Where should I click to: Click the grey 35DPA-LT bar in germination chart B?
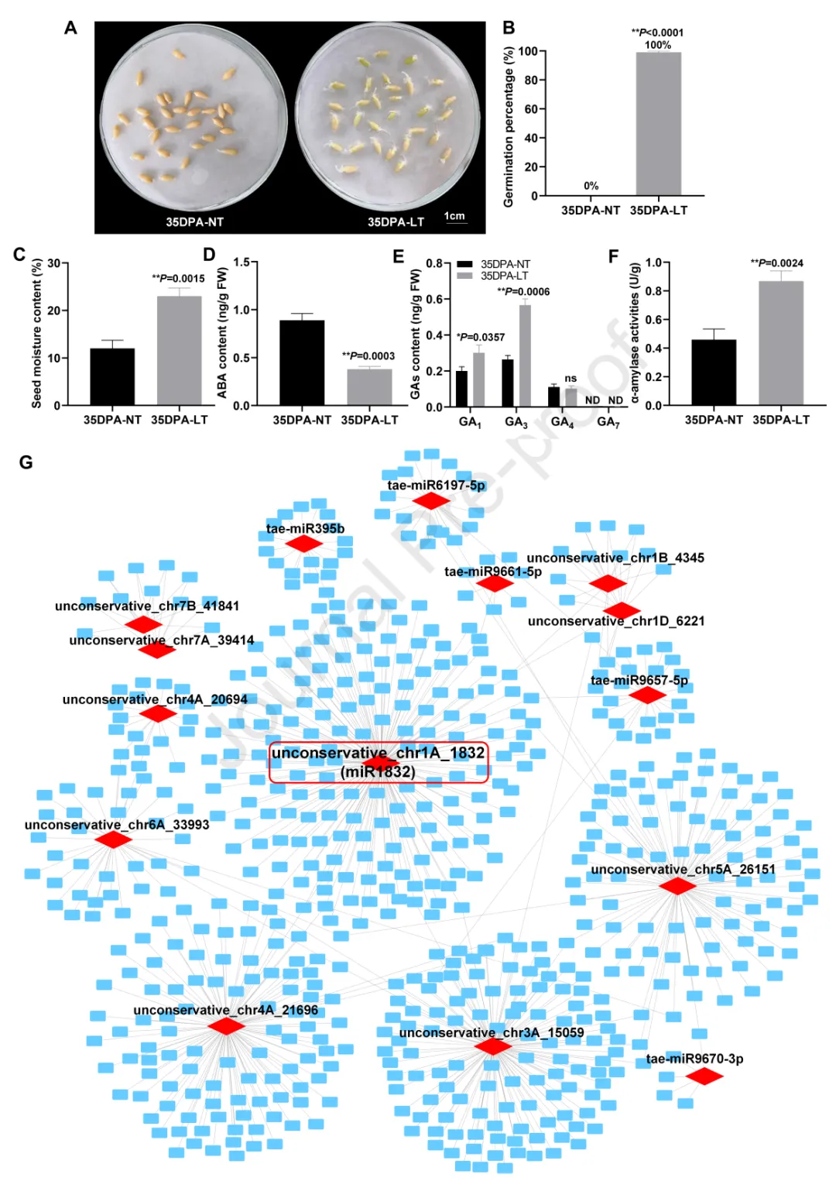(658, 124)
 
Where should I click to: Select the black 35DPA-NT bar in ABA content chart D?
(302, 362)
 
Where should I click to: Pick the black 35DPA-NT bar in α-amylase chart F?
(714, 373)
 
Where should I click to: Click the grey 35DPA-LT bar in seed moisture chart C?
(179, 350)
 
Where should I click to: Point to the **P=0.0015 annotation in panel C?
(178, 278)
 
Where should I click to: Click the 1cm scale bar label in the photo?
(454, 216)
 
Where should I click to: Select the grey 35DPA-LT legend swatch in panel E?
(464, 276)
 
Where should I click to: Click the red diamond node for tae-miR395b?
(303, 544)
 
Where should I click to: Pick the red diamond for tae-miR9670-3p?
(704, 1076)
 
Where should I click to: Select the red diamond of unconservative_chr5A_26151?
(677, 886)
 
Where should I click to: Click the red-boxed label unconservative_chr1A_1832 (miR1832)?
(379, 762)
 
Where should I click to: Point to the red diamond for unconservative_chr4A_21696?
(227, 1026)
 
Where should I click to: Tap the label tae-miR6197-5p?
(436, 486)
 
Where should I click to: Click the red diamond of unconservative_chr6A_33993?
(113, 839)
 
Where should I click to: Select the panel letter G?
(26, 462)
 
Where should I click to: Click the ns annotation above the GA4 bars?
(570, 379)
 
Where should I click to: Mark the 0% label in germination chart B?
(591, 186)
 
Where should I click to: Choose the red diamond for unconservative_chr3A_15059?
(492, 1047)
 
